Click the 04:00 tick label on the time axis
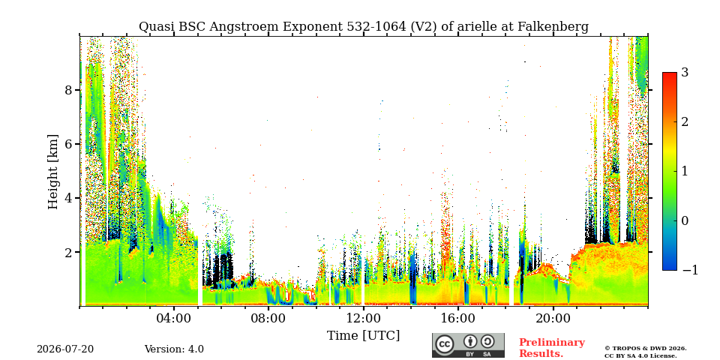pos(174,319)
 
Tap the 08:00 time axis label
pos(268,319)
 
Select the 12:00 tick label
pos(363,319)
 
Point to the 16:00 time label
pos(457,319)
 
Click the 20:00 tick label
pos(553,319)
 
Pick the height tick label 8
pos(68,89)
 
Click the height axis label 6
pos(68,144)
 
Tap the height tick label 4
pos(68,198)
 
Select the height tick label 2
pos(68,252)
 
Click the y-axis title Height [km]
pos(53,172)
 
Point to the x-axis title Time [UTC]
pos(363,336)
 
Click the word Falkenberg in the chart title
pos(553,27)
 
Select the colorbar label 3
pos(685,72)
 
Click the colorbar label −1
pos(691,270)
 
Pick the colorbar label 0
pos(685,220)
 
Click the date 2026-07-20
pos(65,349)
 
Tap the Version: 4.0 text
pos(174,349)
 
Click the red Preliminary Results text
pos(552,347)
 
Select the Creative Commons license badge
pos(468,345)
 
